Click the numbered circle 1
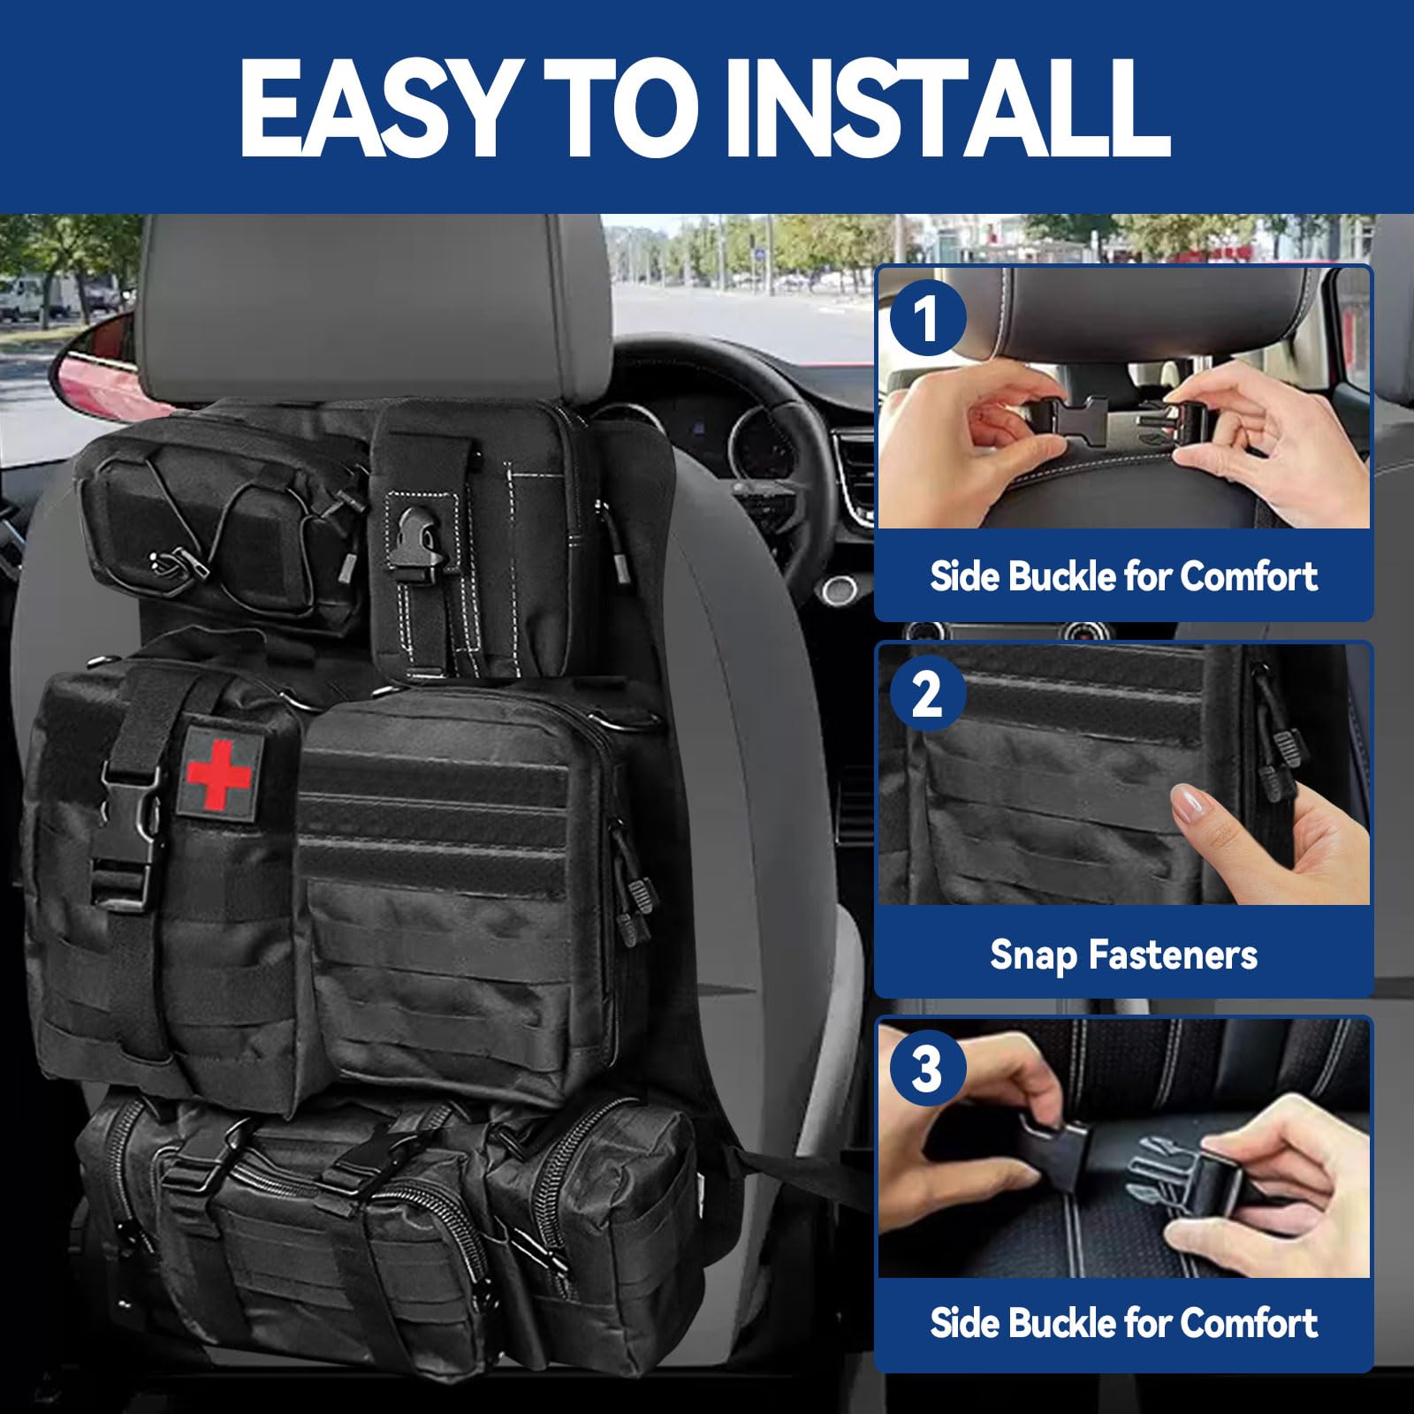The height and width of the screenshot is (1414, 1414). pos(926,317)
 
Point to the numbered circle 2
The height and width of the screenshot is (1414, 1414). pos(926,694)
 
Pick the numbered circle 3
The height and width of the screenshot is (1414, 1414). pos(926,1068)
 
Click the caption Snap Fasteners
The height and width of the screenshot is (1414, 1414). pos(1123,954)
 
